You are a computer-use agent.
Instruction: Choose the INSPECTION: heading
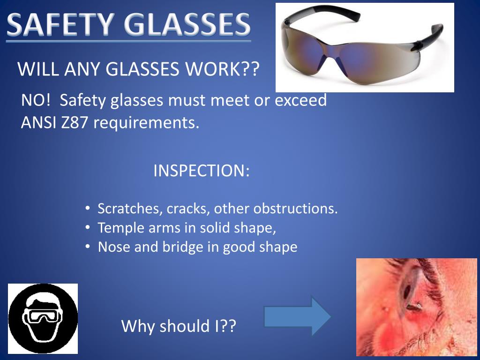coord(201,171)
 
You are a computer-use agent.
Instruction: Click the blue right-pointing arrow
coord(297,315)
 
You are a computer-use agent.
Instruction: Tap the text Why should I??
coord(178,326)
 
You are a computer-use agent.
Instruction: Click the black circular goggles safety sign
coord(43,318)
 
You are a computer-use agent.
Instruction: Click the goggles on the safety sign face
coord(43,315)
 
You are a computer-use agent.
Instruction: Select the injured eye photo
coord(416,307)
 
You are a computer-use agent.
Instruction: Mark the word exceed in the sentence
coord(300,100)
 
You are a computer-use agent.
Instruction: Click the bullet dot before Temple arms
coord(88,228)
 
